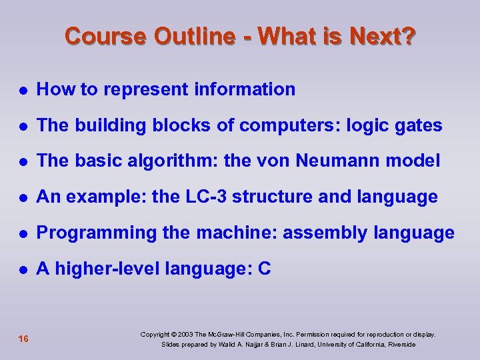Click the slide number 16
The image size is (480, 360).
pyautogui.click(x=23, y=339)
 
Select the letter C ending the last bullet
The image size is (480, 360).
pyautogui.click(x=264, y=269)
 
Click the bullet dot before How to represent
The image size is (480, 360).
pyautogui.click(x=23, y=90)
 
